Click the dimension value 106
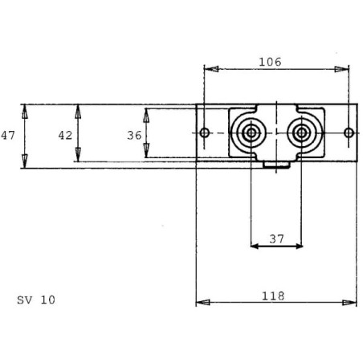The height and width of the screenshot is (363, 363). coord(270,62)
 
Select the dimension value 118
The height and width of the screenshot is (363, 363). coord(273,296)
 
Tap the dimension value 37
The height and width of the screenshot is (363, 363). coord(276,239)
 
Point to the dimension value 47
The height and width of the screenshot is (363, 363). coord(8,136)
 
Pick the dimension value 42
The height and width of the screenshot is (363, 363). coord(65,136)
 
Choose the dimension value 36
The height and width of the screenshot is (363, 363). coord(134,136)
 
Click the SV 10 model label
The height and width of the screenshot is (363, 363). coord(36,300)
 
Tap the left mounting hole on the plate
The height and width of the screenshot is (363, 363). coord(205,133)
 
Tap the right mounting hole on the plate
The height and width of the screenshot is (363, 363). coord(349,133)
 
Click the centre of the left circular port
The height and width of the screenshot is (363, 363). coord(251,133)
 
